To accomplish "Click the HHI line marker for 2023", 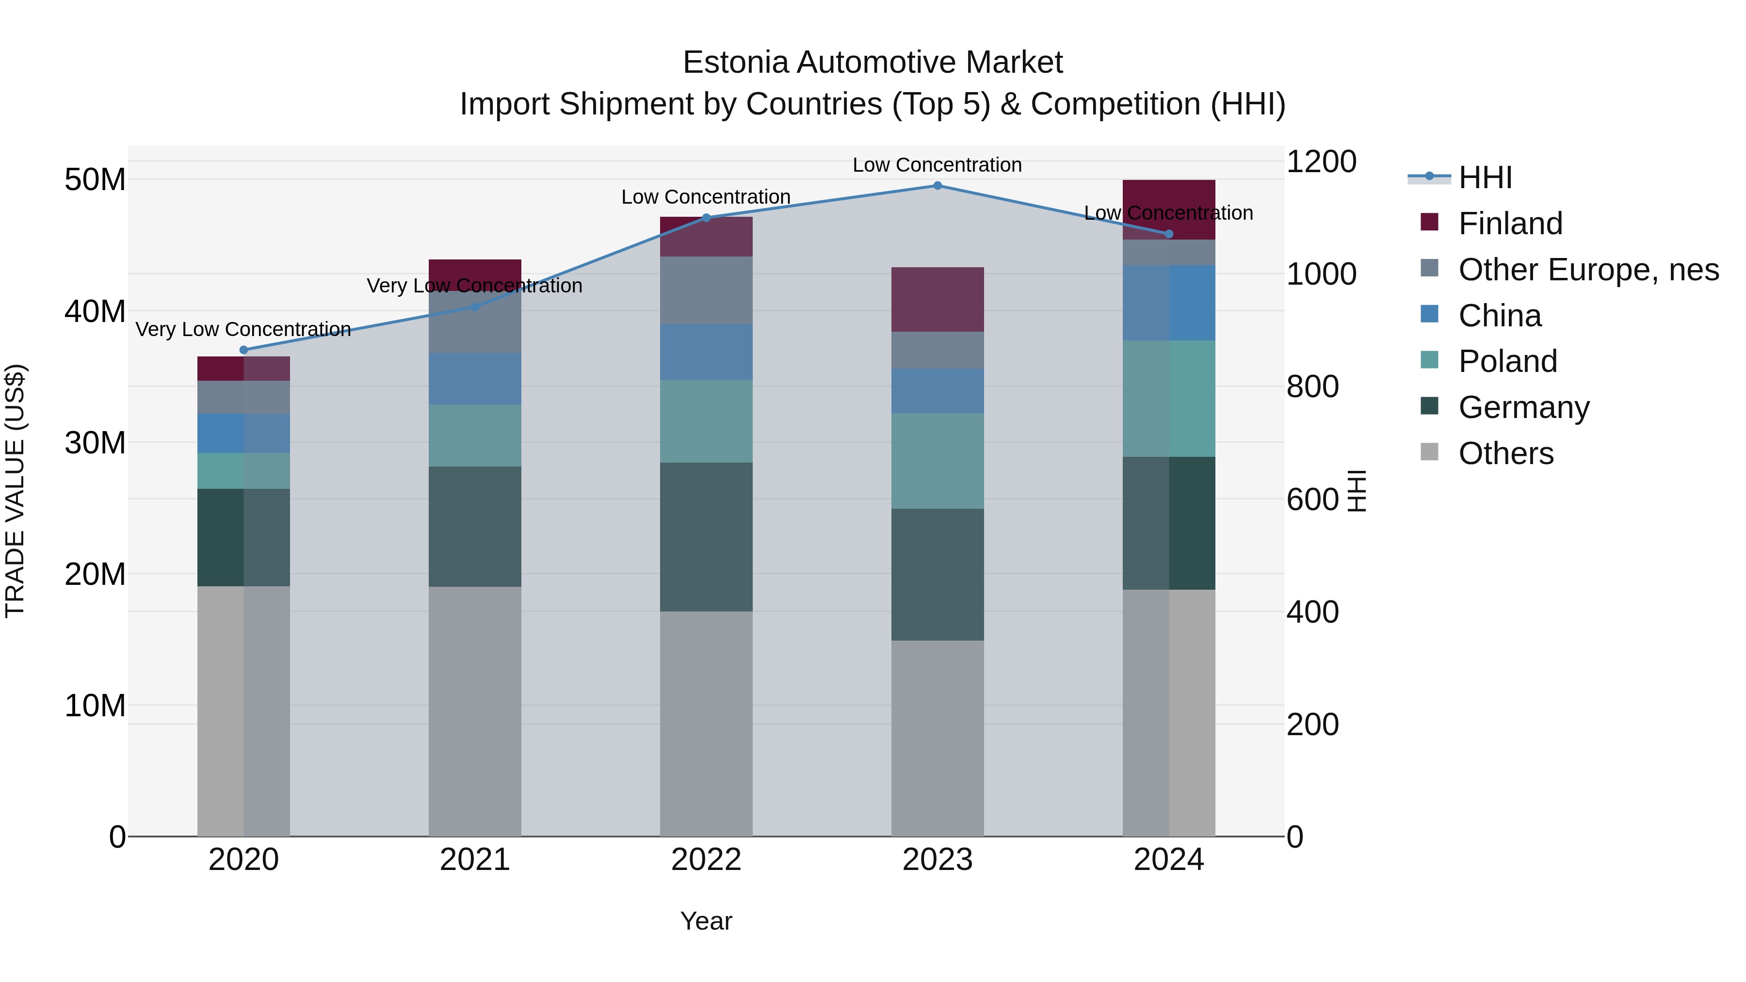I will point(938,186).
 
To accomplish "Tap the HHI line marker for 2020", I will point(244,351).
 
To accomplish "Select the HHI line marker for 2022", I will point(706,218).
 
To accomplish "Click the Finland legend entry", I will point(1510,224).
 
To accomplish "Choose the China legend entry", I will point(1499,316).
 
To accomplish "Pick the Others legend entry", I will point(1505,453).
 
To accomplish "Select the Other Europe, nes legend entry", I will point(1588,270).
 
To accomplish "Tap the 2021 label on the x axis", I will point(474,860).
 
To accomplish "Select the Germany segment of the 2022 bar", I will point(706,537).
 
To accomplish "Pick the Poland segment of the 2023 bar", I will point(938,461).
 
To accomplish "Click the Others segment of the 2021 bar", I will point(474,711).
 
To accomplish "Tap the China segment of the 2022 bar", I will point(706,352).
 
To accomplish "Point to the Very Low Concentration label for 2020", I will point(243,329).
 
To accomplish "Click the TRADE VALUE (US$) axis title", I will point(15,491).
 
